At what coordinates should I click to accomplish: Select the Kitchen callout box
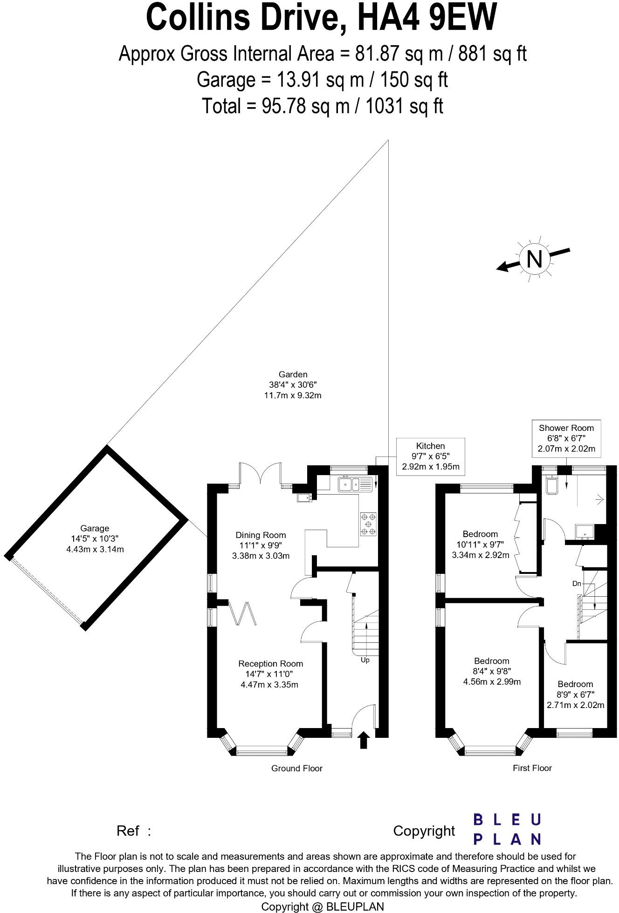click(x=430, y=456)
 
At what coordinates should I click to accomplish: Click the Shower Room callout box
click(x=566, y=438)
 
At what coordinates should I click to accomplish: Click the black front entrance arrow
click(x=364, y=740)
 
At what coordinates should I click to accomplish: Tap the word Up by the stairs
click(x=365, y=660)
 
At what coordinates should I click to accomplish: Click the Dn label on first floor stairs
click(x=577, y=584)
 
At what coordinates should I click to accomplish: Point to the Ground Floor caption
click(x=297, y=769)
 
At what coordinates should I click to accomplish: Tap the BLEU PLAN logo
click(x=507, y=830)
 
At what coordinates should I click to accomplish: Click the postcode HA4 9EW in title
click(x=426, y=18)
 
